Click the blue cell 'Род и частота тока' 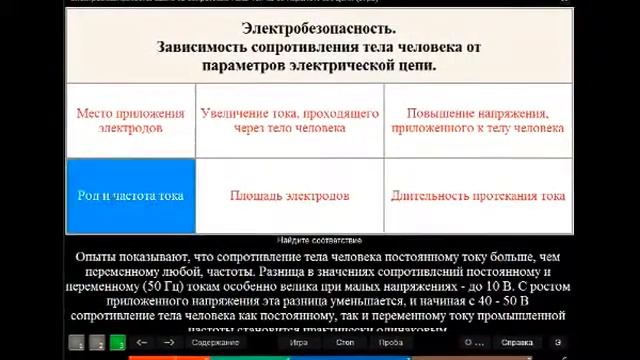[x=130, y=196]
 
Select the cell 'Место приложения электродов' [x=130, y=121]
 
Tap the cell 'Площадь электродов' [x=289, y=196]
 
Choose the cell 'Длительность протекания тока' [x=478, y=196]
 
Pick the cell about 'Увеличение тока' [x=289, y=121]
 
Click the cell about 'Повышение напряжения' [x=478, y=121]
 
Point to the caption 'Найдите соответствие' [x=319, y=241]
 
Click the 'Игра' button [x=299, y=343]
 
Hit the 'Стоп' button [x=345, y=343]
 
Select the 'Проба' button [x=391, y=343]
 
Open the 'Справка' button [x=517, y=343]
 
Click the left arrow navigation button [x=142, y=343]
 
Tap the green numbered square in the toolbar [x=118, y=343]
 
